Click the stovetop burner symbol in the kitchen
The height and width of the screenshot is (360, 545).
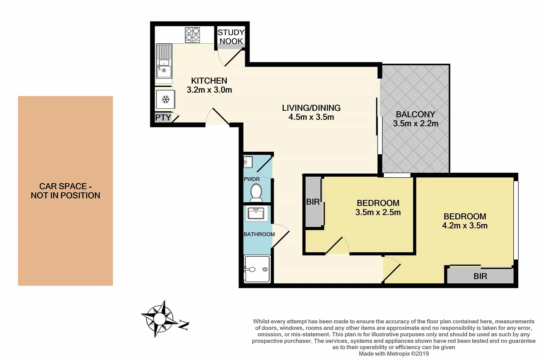pyautogui.click(x=192, y=35)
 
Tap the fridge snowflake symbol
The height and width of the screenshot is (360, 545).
pyautogui.click(x=166, y=99)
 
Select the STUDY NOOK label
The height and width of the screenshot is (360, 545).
pyautogui.click(x=231, y=37)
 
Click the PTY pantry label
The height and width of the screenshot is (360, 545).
pyautogui.click(x=163, y=118)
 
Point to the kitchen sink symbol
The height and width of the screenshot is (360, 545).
pyautogui.click(x=164, y=71)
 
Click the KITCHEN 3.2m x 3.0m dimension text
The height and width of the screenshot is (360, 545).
pyautogui.click(x=209, y=90)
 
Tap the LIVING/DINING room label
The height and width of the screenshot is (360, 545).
pyautogui.click(x=311, y=108)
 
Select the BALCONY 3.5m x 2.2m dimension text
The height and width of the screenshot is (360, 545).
pyautogui.click(x=415, y=123)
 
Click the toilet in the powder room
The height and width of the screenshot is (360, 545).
pyautogui.click(x=256, y=193)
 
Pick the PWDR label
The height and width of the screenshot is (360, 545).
pyautogui.click(x=251, y=179)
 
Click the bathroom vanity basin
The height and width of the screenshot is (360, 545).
pyautogui.click(x=256, y=213)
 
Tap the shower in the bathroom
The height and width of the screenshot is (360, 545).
pyautogui.click(x=256, y=269)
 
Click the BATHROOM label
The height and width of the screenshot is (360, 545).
pyautogui.click(x=259, y=234)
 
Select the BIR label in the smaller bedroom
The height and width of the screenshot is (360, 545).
pyautogui.click(x=313, y=202)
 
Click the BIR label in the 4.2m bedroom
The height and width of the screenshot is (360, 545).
pyautogui.click(x=480, y=276)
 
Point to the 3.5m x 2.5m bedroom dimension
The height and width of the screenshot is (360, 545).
pyautogui.click(x=378, y=212)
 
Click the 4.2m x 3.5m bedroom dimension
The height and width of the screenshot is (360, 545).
pyautogui.click(x=465, y=226)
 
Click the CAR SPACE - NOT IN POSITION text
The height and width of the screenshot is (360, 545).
pyautogui.click(x=65, y=191)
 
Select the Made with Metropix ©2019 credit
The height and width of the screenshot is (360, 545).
pyautogui.click(x=394, y=354)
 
